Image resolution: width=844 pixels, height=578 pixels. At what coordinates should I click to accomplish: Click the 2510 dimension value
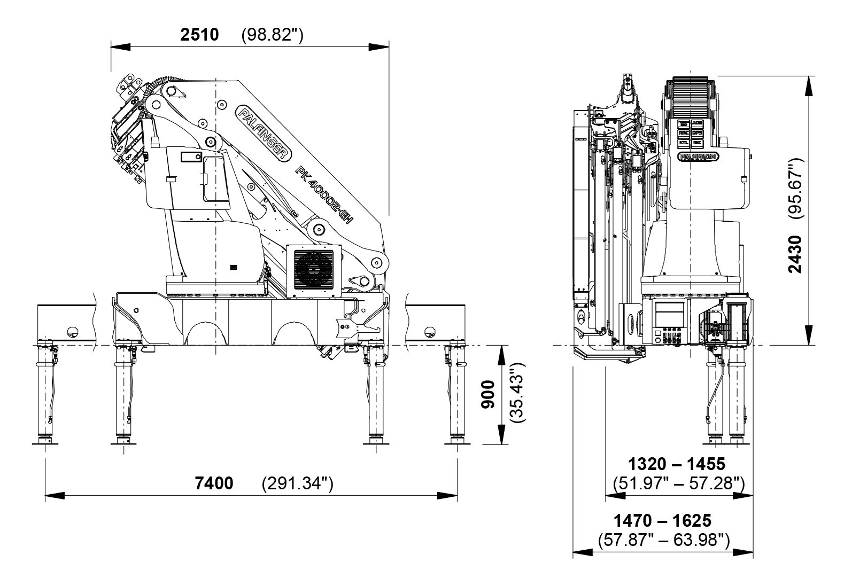point(199,35)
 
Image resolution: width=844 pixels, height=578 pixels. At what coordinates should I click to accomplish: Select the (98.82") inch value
point(272,35)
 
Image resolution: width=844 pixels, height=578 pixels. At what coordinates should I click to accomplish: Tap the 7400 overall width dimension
point(214,483)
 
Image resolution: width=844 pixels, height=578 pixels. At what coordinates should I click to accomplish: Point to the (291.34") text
point(297,483)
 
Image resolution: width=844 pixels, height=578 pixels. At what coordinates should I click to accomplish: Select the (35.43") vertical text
point(517,394)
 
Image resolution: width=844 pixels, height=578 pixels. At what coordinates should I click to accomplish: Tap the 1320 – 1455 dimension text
point(676,463)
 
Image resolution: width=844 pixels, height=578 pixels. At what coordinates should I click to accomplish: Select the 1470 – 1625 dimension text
point(662,520)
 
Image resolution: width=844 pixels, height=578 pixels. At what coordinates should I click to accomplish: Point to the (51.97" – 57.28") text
point(678,484)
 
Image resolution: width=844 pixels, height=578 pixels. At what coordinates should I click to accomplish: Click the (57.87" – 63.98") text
point(663,540)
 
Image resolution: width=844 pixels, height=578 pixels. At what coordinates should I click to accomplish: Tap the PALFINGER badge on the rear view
point(698,157)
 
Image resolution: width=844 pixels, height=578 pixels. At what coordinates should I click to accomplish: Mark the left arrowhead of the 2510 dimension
point(121,47)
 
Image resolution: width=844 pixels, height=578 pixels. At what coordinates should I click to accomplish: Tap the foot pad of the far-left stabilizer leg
point(45,442)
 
